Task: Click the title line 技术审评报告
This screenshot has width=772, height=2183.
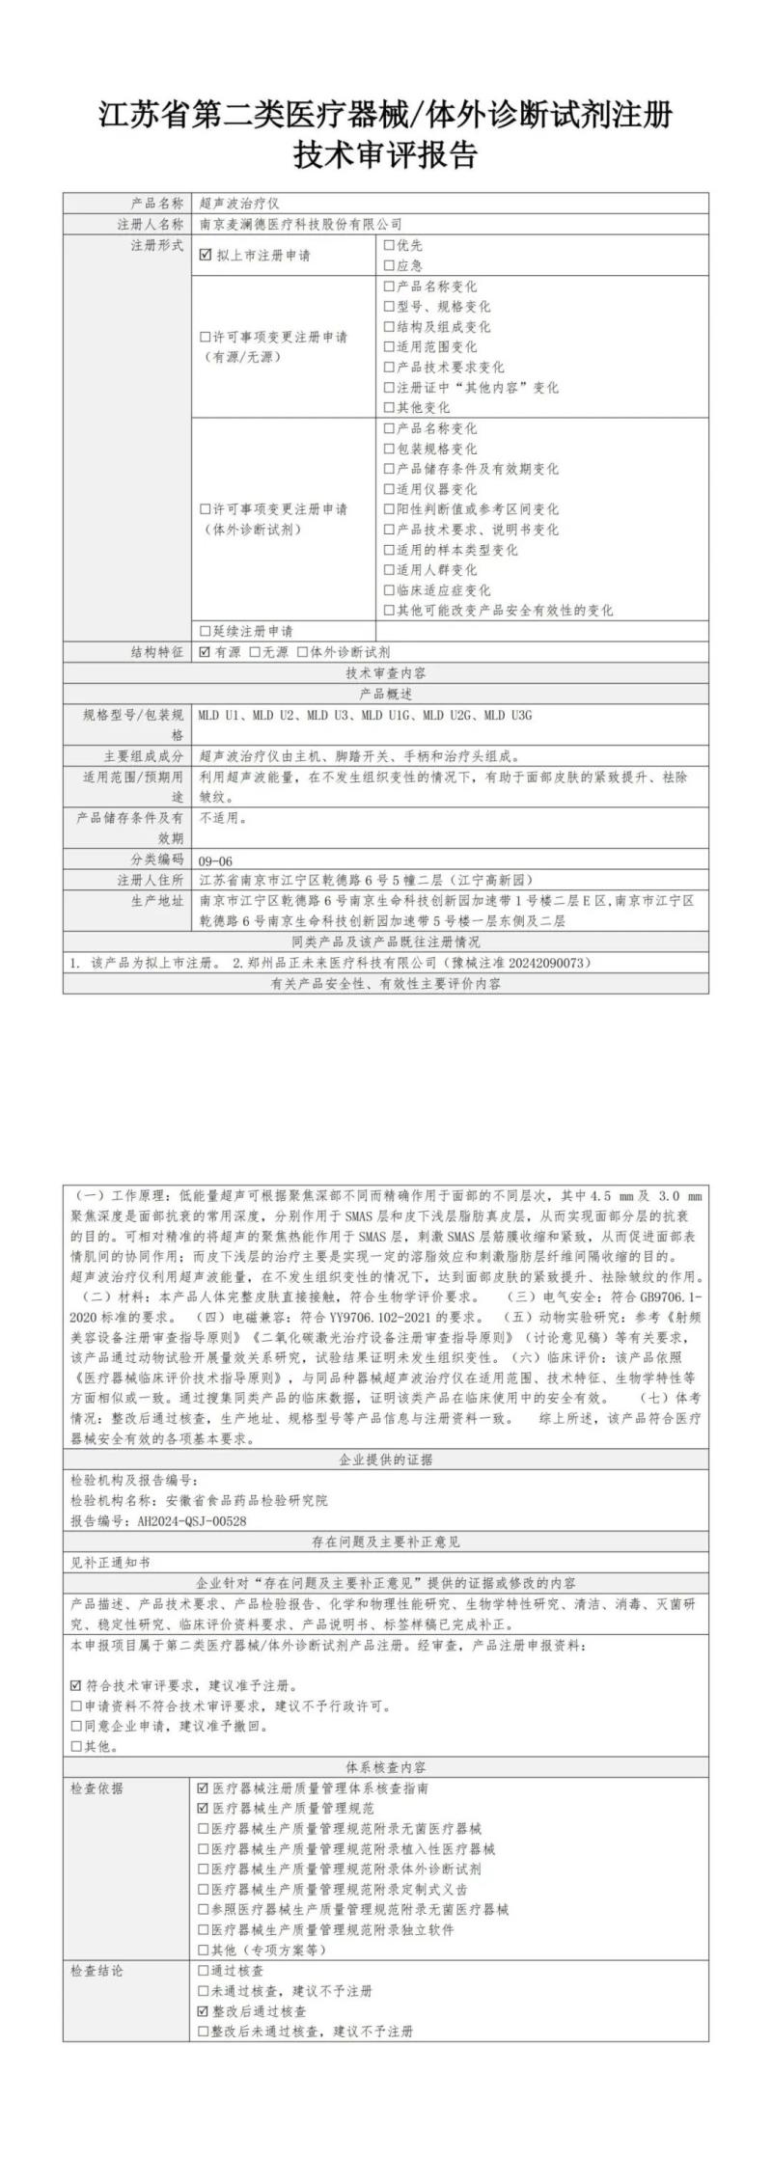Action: [x=386, y=154]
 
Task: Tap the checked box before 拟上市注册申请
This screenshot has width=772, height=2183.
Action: [x=205, y=256]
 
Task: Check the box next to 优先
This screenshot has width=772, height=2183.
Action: [x=389, y=246]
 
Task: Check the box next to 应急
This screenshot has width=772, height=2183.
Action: [x=389, y=265]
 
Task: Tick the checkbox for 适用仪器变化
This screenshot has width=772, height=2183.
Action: [x=389, y=489]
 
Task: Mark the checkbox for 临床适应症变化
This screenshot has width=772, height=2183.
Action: [x=389, y=590]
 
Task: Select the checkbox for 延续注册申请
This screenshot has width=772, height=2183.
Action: [x=205, y=631]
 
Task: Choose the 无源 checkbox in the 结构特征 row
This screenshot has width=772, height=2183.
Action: [x=255, y=652]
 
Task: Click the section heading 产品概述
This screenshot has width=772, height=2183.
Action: [x=386, y=694]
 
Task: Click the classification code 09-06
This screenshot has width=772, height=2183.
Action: [x=215, y=860]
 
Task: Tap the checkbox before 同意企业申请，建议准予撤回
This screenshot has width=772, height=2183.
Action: [x=76, y=1726]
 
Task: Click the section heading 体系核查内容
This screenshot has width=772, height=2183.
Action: [x=386, y=1767]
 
